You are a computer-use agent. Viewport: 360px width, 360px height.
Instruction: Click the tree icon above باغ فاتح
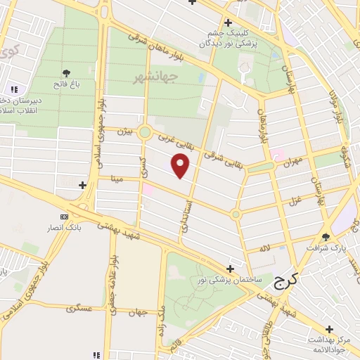click(x=67, y=73)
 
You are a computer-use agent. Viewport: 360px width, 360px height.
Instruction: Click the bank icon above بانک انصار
click(x=65, y=217)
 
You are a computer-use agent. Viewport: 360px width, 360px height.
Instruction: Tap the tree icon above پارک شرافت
click(x=325, y=237)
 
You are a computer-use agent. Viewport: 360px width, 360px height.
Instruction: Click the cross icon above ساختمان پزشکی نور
click(x=231, y=269)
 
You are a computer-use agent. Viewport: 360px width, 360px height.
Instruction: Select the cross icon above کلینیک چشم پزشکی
click(x=227, y=22)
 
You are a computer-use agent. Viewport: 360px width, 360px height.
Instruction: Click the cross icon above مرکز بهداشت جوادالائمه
click(x=329, y=329)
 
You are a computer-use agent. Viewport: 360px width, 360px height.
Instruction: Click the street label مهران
click(x=292, y=162)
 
